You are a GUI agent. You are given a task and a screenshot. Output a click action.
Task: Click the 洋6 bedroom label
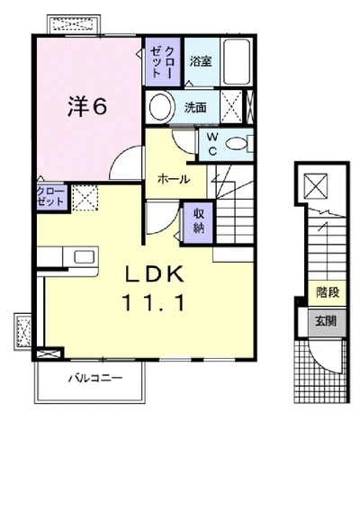point(87,106)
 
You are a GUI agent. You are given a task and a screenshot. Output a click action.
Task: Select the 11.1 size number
point(154,302)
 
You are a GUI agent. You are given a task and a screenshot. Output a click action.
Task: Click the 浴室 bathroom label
point(201,61)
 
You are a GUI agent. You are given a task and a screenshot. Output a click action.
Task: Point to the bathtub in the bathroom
point(237,62)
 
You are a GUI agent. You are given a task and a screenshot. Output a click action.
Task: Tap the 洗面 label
point(195,107)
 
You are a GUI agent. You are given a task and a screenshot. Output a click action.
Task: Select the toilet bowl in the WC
point(237,144)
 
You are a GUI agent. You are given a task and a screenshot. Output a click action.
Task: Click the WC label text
point(212,144)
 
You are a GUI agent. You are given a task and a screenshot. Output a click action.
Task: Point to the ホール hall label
point(174,179)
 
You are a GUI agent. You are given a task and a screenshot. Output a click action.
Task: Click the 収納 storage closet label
point(199,221)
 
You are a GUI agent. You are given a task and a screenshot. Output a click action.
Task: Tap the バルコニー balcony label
point(95,378)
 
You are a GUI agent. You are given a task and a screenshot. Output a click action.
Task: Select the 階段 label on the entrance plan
point(328,292)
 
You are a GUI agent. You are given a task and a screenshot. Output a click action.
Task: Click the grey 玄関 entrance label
point(326,321)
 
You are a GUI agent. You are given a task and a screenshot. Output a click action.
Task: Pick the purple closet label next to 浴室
point(162,62)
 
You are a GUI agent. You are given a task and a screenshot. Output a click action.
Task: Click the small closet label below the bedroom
point(50,197)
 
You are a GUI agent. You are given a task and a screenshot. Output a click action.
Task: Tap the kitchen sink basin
point(85,257)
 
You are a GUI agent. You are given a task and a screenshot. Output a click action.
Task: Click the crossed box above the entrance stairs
point(316,186)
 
